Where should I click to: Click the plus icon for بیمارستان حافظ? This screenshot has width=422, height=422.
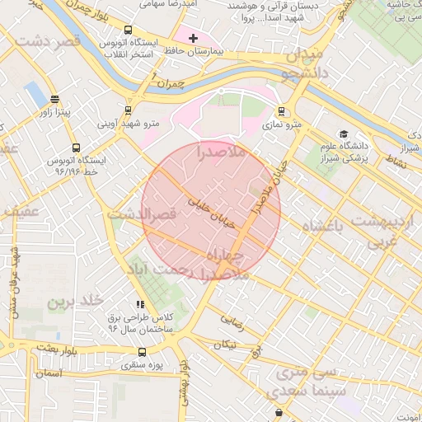pyautogui.click(x=194, y=38)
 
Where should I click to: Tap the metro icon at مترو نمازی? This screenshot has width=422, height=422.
pyautogui.click(x=282, y=111)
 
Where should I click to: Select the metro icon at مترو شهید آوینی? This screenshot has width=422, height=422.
pyautogui.click(x=128, y=110)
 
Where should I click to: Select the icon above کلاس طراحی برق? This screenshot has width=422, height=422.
pyautogui.click(x=139, y=304)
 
